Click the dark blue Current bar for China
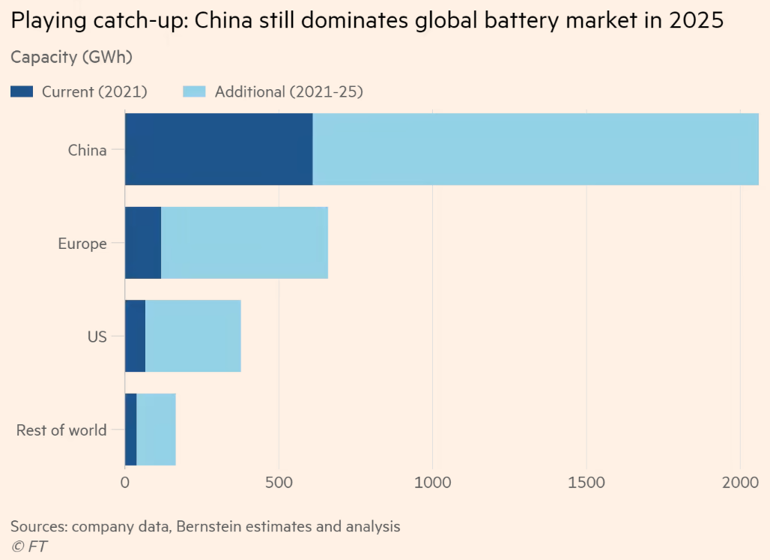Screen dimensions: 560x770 click(219, 149)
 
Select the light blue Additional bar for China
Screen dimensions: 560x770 click(536, 149)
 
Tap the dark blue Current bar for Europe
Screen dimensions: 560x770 click(143, 243)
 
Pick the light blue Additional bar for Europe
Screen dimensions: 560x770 click(244, 243)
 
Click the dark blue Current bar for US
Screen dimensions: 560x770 click(135, 336)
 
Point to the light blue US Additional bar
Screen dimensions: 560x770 click(193, 336)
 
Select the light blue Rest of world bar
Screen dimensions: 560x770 click(156, 429)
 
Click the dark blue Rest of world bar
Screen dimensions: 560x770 click(131, 429)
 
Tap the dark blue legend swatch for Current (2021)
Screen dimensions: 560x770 click(22, 92)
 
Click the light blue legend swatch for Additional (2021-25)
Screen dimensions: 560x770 click(195, 92)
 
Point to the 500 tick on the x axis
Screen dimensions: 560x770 click(279, 482)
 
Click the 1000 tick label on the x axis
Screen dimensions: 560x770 click(432, 482)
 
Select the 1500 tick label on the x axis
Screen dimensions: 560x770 click(586, 482)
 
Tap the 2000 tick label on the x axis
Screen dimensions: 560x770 click(740, 482)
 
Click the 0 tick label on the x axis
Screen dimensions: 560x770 click(125, 482)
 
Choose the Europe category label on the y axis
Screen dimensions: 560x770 click(82, 244)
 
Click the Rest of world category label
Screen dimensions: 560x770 click(61, 430)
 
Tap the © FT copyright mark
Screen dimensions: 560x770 click(28, 547)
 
